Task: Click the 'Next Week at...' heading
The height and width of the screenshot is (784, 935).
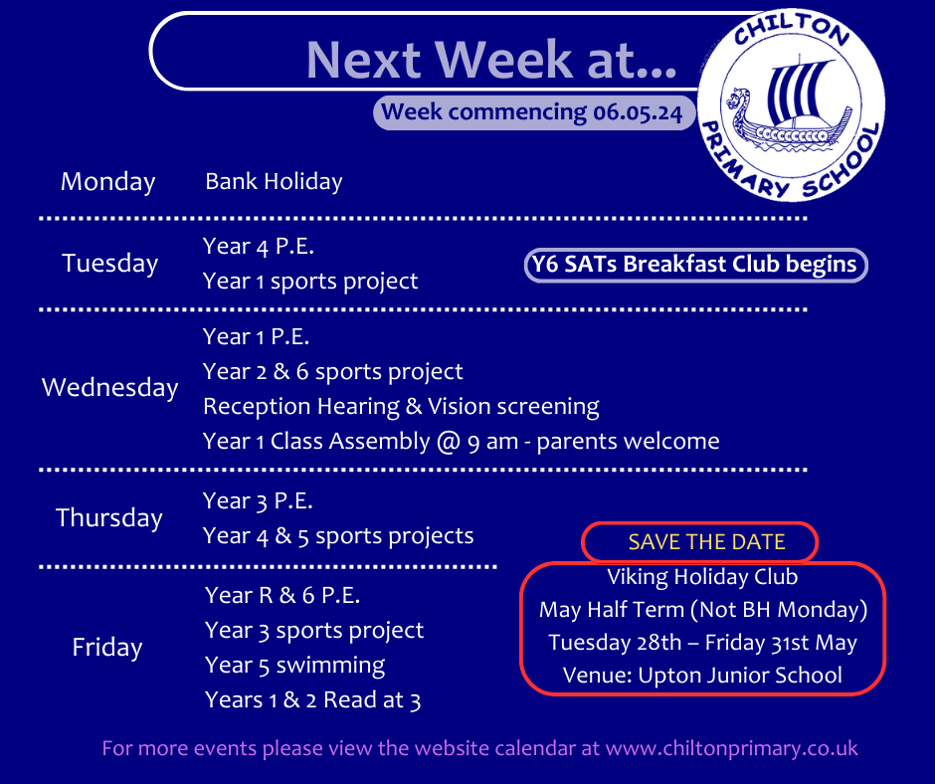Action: point(491,60)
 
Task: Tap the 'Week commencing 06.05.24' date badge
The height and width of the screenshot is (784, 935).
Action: point(534,112)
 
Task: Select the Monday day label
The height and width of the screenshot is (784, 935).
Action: point(108,181)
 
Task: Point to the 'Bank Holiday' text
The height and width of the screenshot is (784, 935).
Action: point(274,181)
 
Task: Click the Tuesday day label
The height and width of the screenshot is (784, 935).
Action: point(109,263)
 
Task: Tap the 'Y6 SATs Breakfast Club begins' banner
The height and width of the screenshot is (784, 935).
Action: point(695,265)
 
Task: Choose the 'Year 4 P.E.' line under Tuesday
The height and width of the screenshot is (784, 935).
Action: point(259,246)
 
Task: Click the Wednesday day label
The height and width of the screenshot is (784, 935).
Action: point(109,387)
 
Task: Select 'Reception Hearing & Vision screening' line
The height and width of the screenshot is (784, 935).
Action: point(401,406)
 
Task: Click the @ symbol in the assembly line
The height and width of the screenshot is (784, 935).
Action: point(448,442)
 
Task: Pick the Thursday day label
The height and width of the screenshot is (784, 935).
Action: point(109,518)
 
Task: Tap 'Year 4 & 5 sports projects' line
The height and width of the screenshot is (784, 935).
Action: point(338,536)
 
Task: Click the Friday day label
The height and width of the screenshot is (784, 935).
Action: point(107,648)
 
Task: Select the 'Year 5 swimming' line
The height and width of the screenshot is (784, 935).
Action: point(294,666)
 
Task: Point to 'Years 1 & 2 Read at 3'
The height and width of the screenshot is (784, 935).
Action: point(312,699)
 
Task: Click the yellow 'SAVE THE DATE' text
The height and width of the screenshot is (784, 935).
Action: point(706,542)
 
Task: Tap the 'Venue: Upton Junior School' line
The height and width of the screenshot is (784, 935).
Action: point(702,676)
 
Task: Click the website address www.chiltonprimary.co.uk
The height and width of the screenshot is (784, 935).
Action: point(732,748)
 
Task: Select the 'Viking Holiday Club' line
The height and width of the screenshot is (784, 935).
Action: point(702,577)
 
